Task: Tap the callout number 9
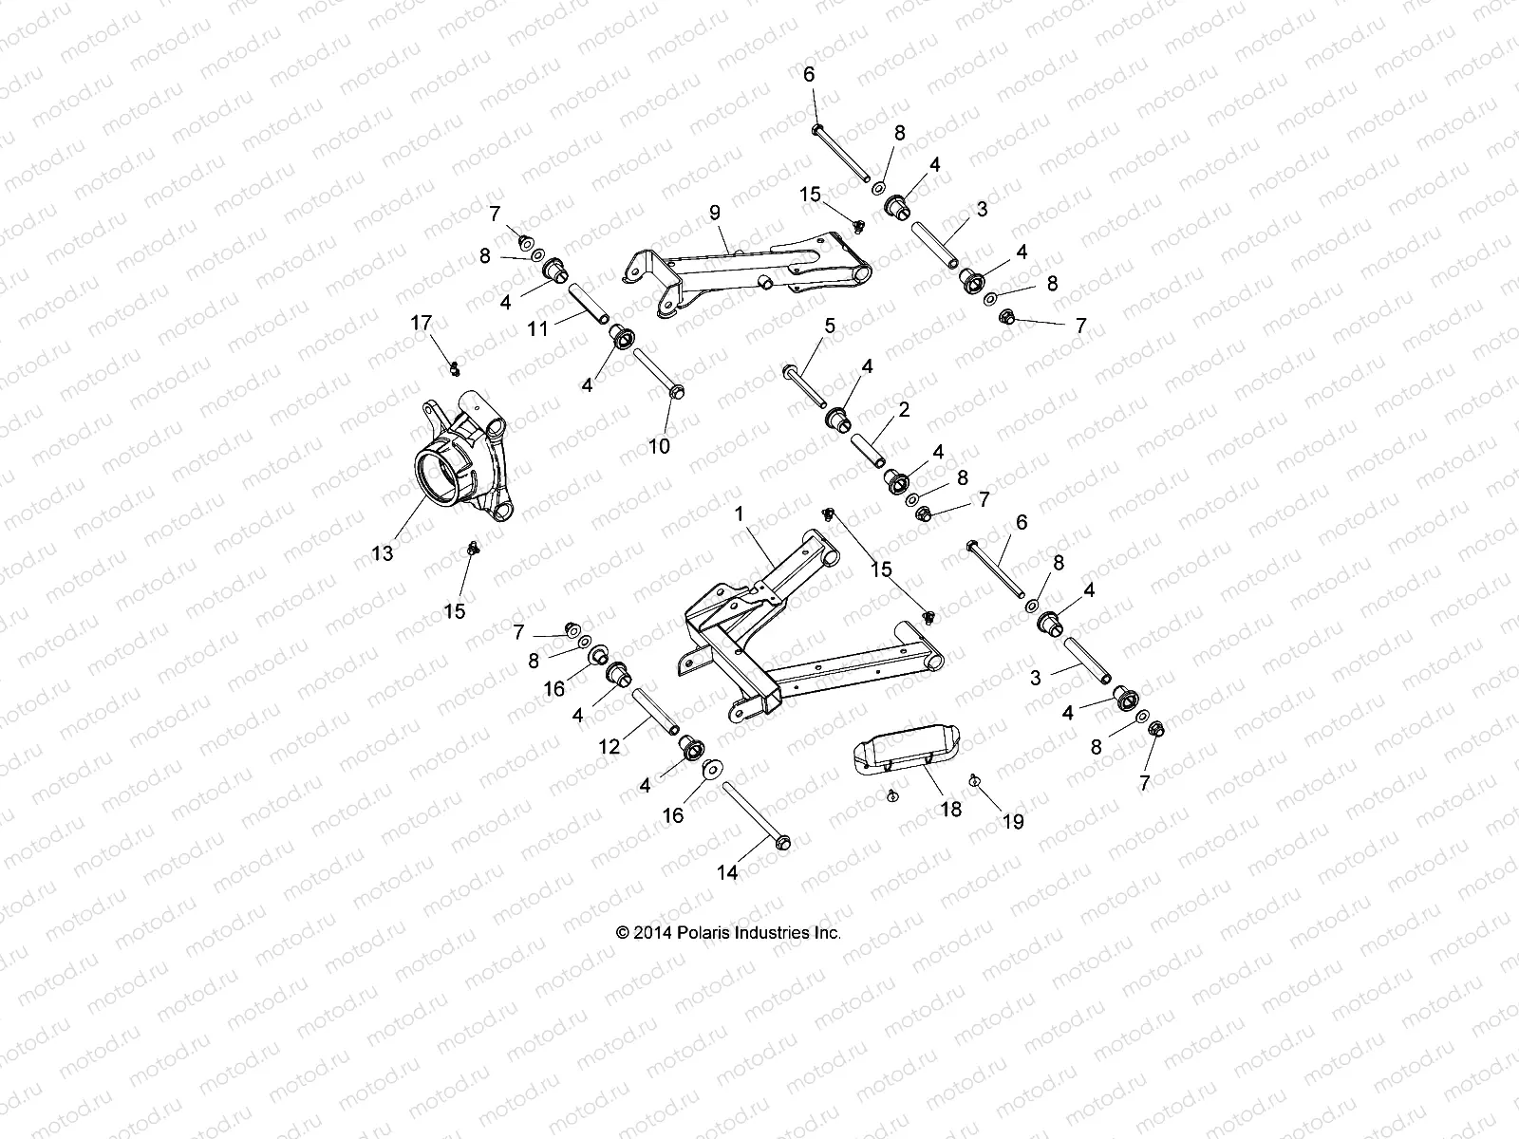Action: coord(714,211)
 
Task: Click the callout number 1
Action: coord(738,513)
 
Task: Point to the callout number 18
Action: coord(950,809)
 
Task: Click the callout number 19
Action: coord(1014,822)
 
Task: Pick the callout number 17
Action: coord(422,324)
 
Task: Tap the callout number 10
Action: coord(658,445)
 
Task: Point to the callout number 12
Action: coord(609,746)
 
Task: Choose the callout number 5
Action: coord(830,327)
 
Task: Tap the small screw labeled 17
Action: coord(455,366)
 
